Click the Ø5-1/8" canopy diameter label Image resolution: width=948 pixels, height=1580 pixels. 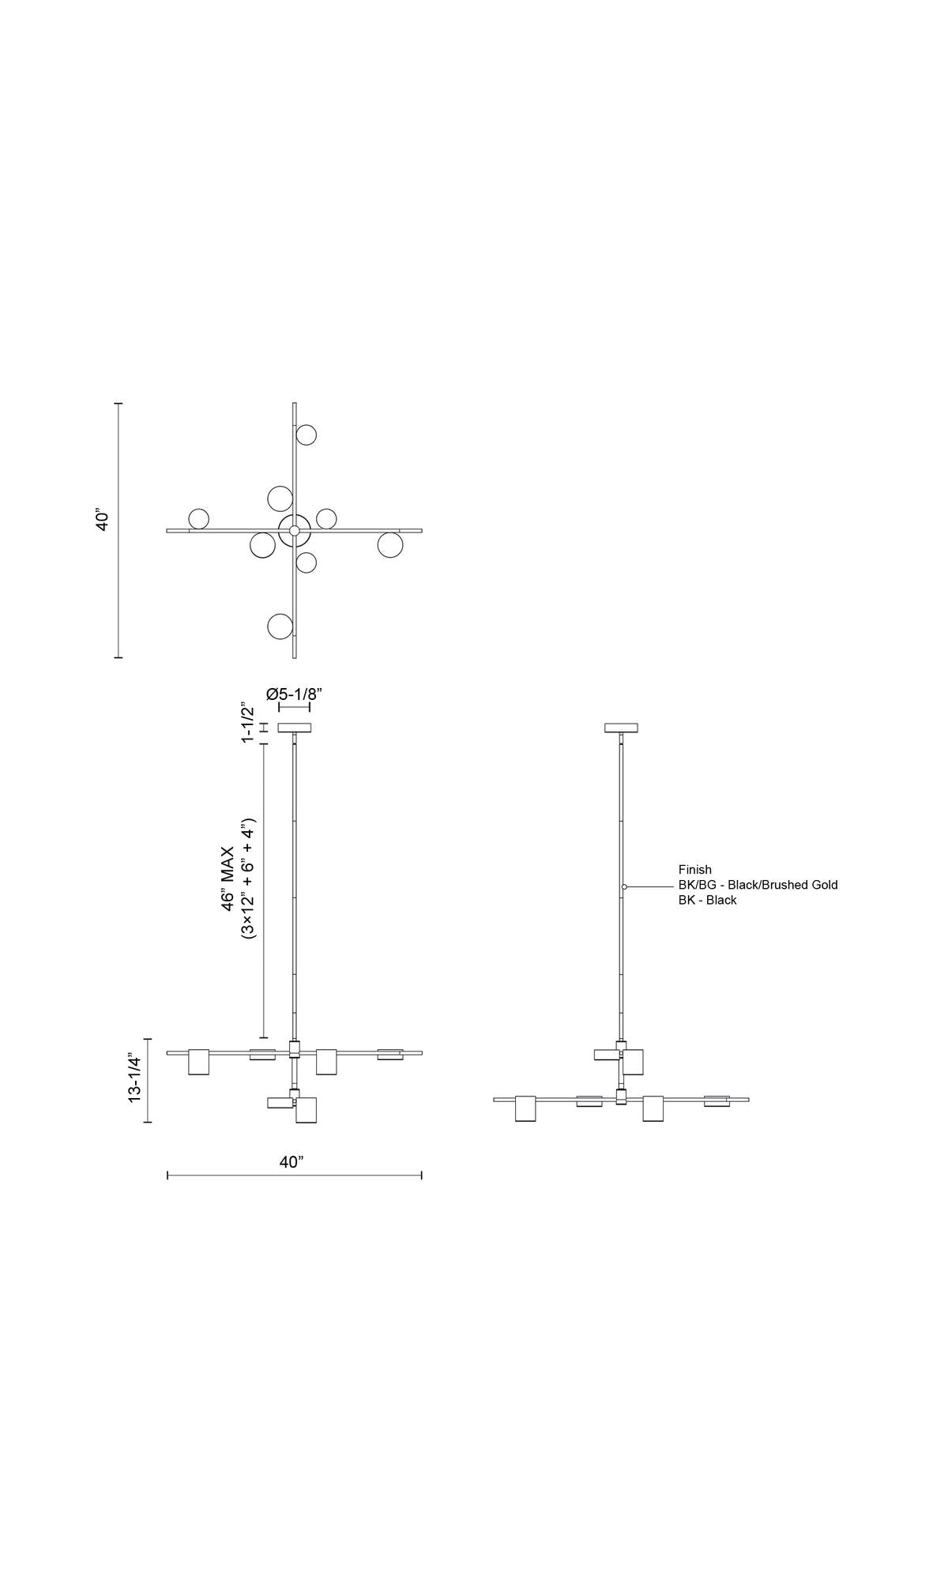[295, 694]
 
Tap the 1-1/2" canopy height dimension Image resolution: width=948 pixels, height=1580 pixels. [250, 722]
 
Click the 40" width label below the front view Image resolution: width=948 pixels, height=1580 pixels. [292, 1162]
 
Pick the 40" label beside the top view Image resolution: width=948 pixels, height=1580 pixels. [103, 520]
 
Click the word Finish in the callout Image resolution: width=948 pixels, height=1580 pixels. [695, 870]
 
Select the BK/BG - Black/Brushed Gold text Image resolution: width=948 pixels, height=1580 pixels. [758, 885]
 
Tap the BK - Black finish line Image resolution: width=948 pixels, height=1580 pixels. [708, 900]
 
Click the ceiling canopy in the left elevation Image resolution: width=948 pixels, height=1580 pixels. [295, 728]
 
